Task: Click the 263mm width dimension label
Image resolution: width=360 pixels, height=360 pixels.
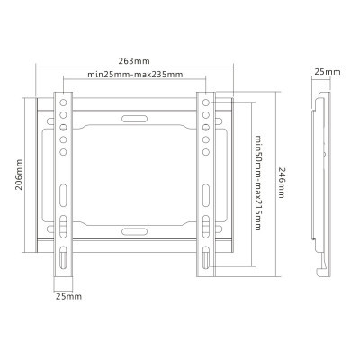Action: [x=134, y=61]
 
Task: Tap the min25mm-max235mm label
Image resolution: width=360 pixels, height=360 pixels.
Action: [x=135, y=75]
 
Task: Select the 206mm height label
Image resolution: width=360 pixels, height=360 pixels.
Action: [x=19, y=175]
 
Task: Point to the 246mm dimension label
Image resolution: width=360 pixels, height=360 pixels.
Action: [x=281, y=183]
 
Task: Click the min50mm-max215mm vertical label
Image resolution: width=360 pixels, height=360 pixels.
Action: [x=257, y=183]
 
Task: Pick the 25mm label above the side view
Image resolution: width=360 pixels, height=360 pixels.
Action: [x=328, y=72]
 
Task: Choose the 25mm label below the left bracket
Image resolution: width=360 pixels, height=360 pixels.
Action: [x=68, y=296]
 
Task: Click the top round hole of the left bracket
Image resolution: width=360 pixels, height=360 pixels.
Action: [x=63, y=103]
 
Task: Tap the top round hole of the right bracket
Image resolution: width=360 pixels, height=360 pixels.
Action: [x=206, y=103]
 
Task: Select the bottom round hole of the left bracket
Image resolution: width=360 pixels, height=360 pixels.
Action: [x=63, y=152]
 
